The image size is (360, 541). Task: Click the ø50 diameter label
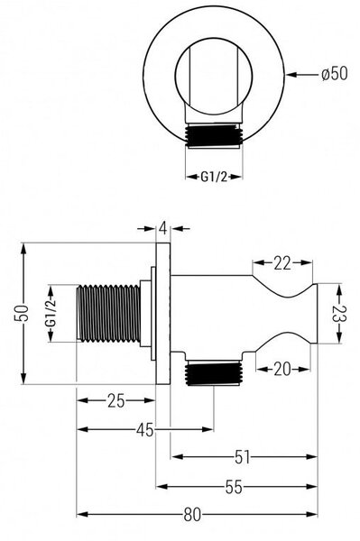pyautogui.click(x=334, y=74)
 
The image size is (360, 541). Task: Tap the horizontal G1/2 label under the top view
pyautogui.click(x=214, y=177)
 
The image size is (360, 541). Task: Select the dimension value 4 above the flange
pyautogui.click(x=163, y=228)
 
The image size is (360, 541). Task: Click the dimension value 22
pyautogui.click(x=282, y=263)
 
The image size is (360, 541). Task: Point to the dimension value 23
pyautogui.click(x=339, y=314)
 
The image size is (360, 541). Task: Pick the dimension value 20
pyautogui.click(x=282, y=370)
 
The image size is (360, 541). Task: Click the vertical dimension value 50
pyautogui.click(x=22, y=313)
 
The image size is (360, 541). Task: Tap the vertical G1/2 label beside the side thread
pyautogui.click(x=51, y=313)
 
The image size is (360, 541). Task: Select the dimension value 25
pyautogui.click(x=115, y=401)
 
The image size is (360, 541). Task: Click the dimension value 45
pyautogui.click(x=145, y=430)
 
